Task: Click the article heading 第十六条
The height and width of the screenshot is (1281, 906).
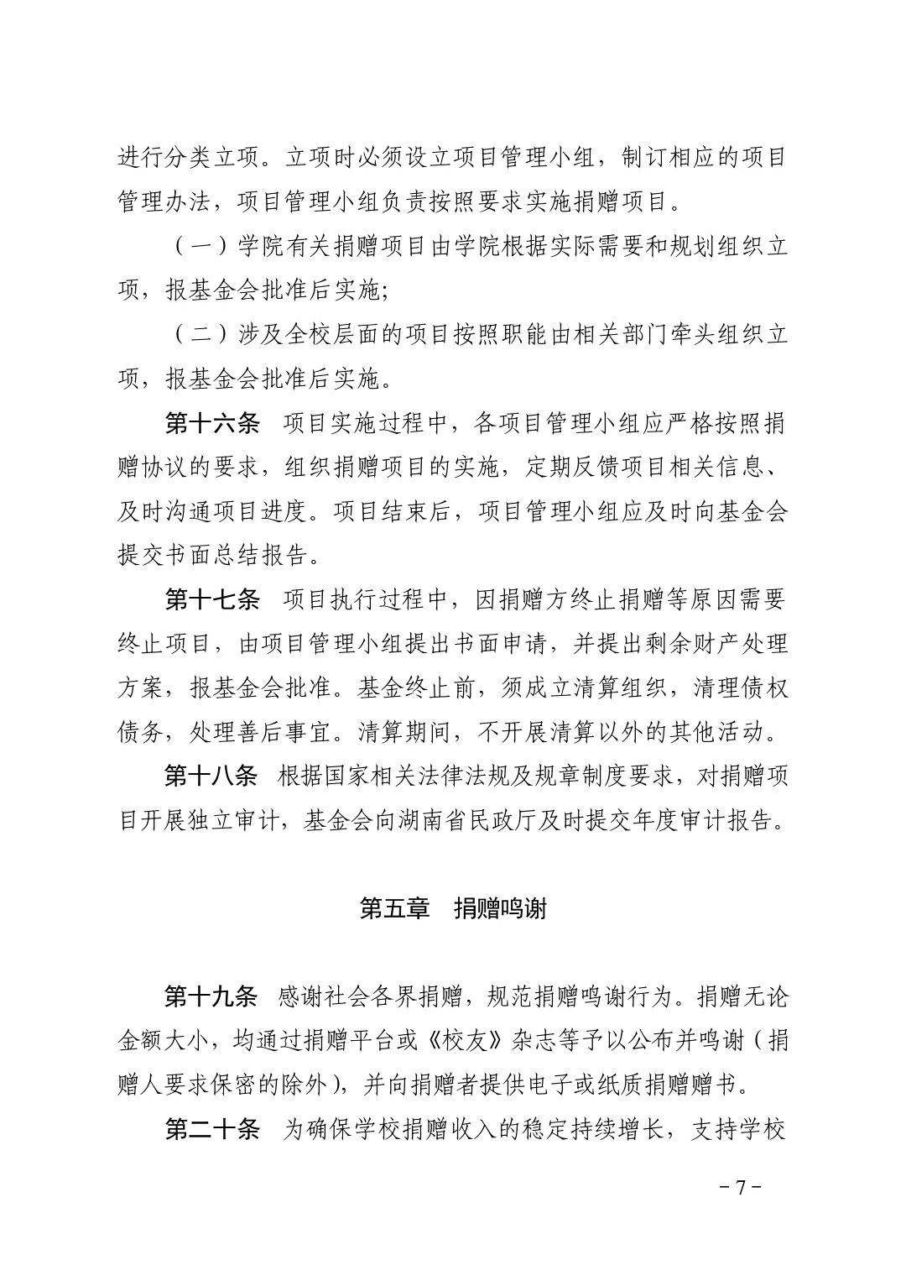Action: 212,424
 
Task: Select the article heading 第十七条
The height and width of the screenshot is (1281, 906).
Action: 212,599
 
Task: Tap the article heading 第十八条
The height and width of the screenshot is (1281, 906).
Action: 211,776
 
